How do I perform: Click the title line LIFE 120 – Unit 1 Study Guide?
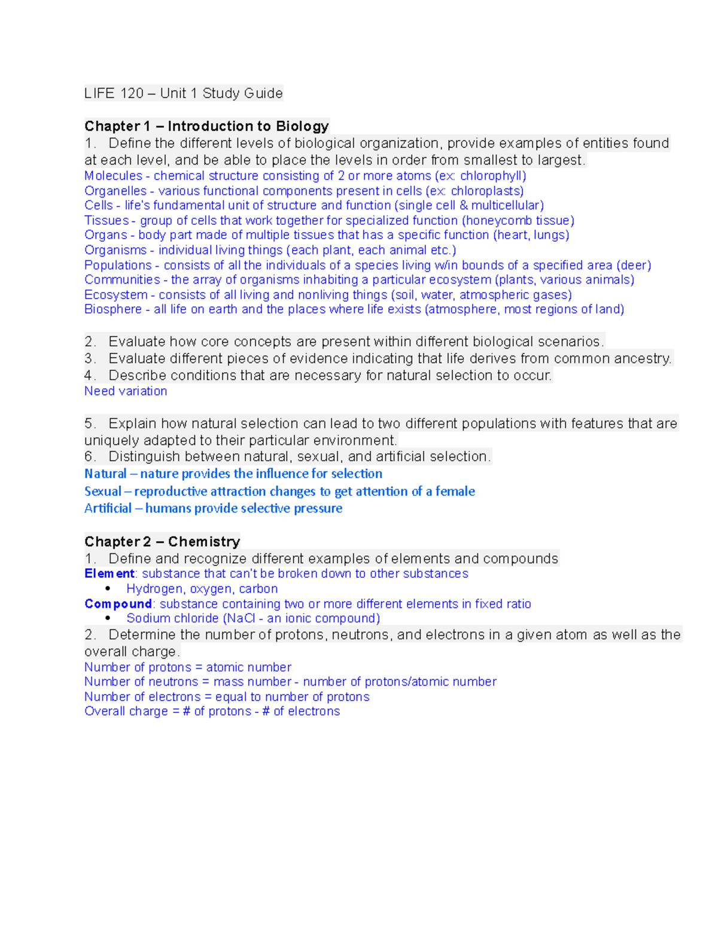[x=183, y=93]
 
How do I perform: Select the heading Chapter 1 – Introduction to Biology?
[x=206, y=126]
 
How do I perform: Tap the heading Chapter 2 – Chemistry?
[x=162, y=541]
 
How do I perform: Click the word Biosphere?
[x=113, y=309]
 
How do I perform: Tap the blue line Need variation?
[x=126, y=391]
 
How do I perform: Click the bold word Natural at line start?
[x=105, y=474]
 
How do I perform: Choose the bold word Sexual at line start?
[x=103, y=491]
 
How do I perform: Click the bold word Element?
[x=109, y=574]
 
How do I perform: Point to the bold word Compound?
[x=118, y=604]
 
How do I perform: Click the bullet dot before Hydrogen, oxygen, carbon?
[x=108, y=589]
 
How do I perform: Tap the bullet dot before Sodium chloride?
[x=108, y=619]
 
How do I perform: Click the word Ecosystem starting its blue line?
[x=115, y=295]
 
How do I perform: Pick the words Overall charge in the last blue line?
[x=126, y=711]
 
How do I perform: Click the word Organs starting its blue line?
[x=106, y=235]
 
